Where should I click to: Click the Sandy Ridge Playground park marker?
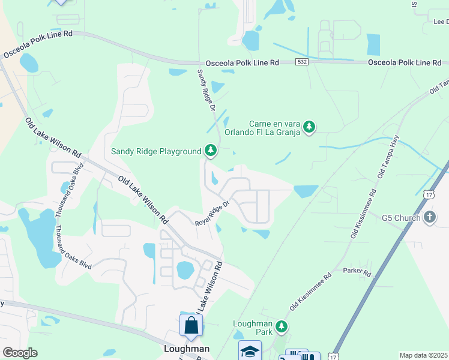210,150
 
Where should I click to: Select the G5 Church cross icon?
429,217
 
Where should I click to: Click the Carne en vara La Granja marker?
309,126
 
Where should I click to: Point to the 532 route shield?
303,62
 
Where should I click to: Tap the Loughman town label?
187,349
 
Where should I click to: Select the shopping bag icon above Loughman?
191,325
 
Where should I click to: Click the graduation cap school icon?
250,350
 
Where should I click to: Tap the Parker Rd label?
358,271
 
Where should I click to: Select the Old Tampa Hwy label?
388,157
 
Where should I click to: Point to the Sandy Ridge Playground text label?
156,151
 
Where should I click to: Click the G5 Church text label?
401,217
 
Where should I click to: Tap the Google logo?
20,353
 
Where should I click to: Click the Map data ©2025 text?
423,355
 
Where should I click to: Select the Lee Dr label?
441,22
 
